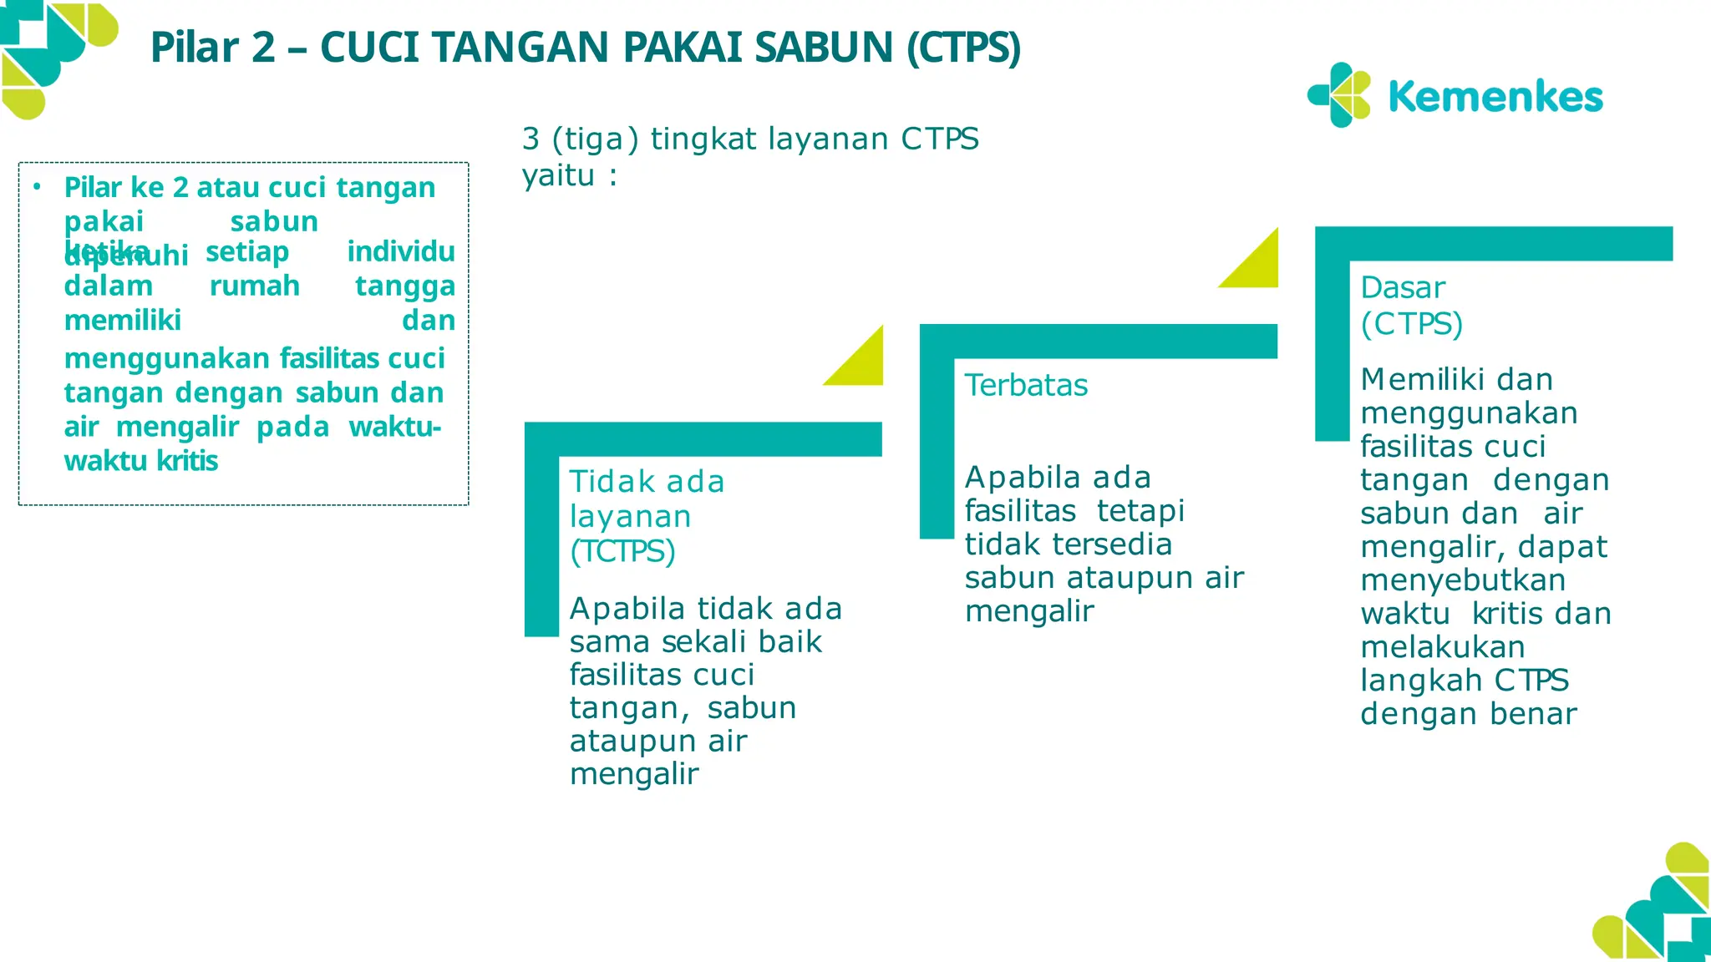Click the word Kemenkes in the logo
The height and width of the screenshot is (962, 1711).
point(1495,97)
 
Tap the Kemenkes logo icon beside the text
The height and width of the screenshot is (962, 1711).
point(1339,95)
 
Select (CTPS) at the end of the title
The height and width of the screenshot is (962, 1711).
point(964,48)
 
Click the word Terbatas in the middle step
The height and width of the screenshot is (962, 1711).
point(1026,386)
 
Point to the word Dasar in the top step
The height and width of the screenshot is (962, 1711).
point(1403,288)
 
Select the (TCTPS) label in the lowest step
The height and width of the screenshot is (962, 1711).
point(622,552)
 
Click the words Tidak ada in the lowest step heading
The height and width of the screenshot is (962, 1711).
point(647,482)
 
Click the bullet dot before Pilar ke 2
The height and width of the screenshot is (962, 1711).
point(37,187)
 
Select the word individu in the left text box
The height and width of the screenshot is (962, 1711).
point(401,251)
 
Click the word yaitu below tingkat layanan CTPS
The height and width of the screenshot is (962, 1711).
point(558,175)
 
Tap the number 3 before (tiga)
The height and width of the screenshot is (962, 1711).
point(531,139)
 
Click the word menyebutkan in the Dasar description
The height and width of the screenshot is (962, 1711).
point(1463,580)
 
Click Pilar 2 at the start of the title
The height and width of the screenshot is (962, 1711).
point(212,48)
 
